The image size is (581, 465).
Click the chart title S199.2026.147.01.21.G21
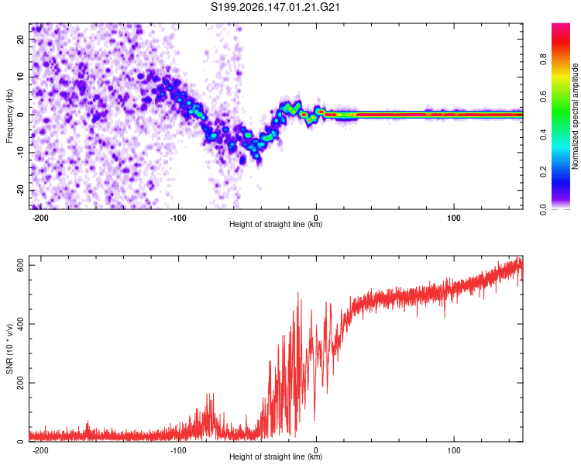(x=275, y=7)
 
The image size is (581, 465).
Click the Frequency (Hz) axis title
(x=9, y=116)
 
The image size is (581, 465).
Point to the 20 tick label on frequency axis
(x=20, y=39)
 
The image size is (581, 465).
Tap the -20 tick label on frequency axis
(x=20, y=191)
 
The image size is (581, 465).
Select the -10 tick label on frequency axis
(x=20, y=153)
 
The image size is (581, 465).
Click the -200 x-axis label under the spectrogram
(x=40, y=218)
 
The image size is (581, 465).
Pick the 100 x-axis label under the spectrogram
(x=454, y=218)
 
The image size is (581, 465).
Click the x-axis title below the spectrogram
(x=276, y=224)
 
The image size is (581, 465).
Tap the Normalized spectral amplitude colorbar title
(x=575, y=116)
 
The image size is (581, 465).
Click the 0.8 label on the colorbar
(x=543, y=60)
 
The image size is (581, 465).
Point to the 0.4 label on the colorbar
(x=543, y=134)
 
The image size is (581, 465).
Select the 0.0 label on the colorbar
(x=543, y=209)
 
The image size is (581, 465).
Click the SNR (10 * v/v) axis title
(x=9, y=349)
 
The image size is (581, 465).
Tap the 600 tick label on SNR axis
(x=20, y=266)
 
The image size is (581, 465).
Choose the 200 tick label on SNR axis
(x=20, y=383)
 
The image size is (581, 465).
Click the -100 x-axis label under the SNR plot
(x=178, y=450)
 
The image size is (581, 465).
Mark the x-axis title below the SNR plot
(x=276, y=456)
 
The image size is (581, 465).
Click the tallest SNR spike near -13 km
(x=298, y=293)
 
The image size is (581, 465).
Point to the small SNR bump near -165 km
(x=88, y=422)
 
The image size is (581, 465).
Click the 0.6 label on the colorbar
(x=543, y=97)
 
